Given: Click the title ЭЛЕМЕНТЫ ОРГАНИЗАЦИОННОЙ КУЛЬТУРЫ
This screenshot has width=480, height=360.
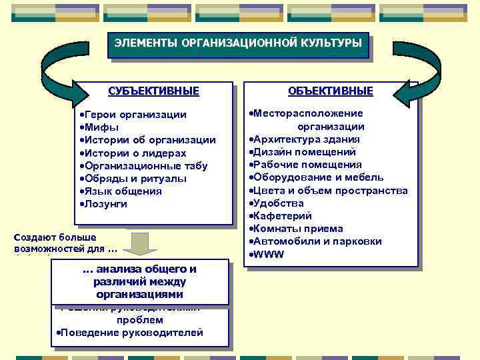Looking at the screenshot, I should click(237, 43).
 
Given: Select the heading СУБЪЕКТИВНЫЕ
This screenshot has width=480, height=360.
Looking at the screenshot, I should click(154, 91).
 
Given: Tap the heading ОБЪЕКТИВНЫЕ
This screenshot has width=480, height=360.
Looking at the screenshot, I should click(331, 91).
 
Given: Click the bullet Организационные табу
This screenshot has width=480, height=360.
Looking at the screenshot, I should click(145, 166).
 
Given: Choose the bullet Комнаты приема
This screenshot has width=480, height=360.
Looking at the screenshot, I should click(297, 229).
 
